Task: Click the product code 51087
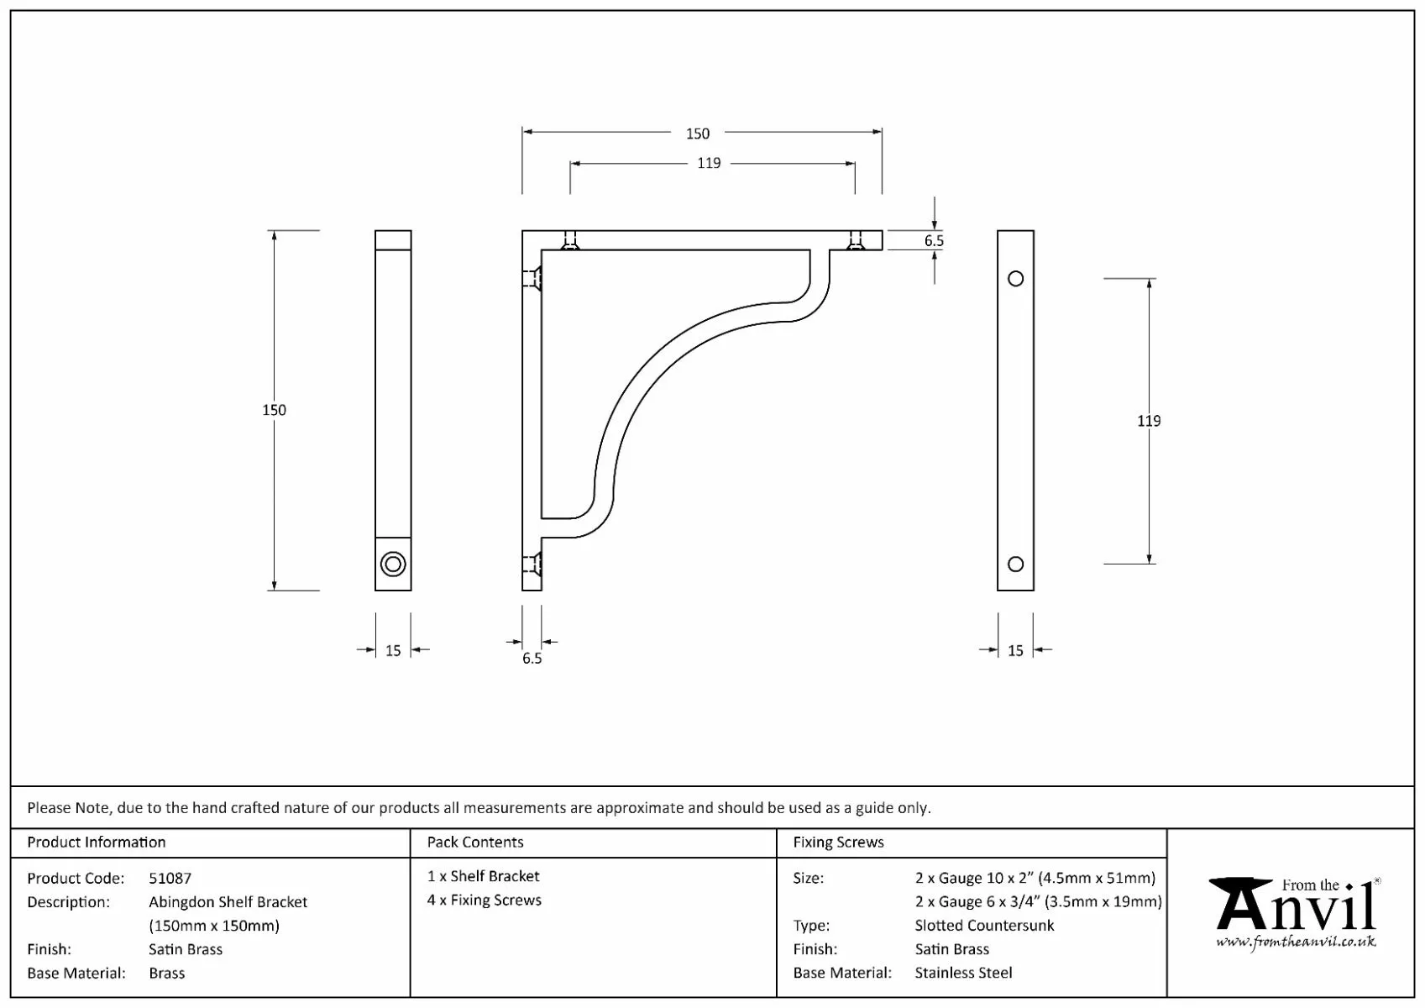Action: coord(170,878)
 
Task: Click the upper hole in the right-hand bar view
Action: coord(1015,279)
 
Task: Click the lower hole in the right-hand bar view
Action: coord(1015,564)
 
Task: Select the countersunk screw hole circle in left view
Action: coord(393,564)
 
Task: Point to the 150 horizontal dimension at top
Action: coord(698,134)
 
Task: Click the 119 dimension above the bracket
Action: coord(709,163)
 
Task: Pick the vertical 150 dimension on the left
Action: coord(275,410)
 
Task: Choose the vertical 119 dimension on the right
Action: coord(1149,421)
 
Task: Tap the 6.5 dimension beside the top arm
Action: coord(934,241)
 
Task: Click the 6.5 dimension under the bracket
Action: coord(532,659)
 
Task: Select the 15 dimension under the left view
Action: coord(393,650)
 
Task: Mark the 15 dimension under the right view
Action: coord(1015,650)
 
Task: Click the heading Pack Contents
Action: coord(475,842)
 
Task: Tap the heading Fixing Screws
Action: coord(838,842)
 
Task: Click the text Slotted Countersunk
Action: coord(984,925)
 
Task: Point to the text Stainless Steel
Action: coord(963,973)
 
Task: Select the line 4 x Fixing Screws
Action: coord(485,900)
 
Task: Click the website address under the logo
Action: coord(1296,942)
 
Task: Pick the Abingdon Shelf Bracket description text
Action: coord(228,901)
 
